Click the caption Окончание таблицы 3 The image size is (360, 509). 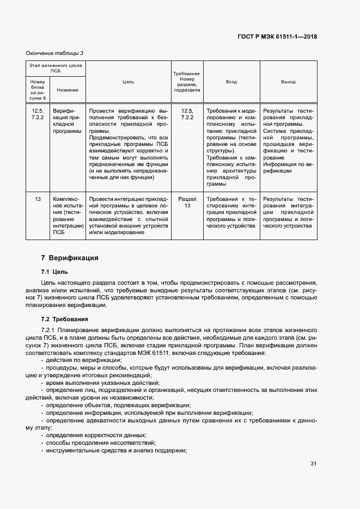click(54, 53)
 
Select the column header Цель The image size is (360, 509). click(128, 82)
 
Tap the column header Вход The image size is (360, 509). click(231, 82)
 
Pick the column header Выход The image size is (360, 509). click(288, 82)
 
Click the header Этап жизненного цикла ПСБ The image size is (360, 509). click(56, 68)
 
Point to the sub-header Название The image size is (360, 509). click(68, 90)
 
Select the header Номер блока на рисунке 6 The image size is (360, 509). click(38, 90)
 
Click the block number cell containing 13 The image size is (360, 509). click(38, 199)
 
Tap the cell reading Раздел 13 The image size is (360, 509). click(187, 203)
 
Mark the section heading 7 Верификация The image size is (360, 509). click(70, 257)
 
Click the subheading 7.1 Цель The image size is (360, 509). click(54, 272)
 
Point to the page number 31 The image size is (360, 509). click(313, 464)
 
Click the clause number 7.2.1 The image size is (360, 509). click(50, 330)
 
